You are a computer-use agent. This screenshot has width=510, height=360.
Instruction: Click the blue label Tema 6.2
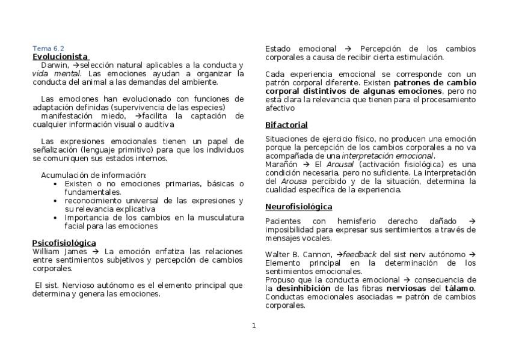pos(48,49)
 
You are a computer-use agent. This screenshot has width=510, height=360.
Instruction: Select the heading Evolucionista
pos(60,56)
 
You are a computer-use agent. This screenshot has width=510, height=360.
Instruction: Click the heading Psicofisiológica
pos(64,243)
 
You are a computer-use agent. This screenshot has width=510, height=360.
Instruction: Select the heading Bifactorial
pos(286,125)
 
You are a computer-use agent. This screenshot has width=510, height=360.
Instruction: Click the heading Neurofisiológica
pos(298,207)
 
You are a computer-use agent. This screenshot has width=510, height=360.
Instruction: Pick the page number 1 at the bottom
pos(254,326)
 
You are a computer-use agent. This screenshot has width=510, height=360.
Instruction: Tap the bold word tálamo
pos(460,288)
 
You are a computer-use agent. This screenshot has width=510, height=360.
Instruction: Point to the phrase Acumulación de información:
pos(93,175)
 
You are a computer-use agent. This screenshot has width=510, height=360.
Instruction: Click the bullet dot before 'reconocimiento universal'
pos(56,201)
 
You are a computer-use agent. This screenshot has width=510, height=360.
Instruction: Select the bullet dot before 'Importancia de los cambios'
pos(56,218)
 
